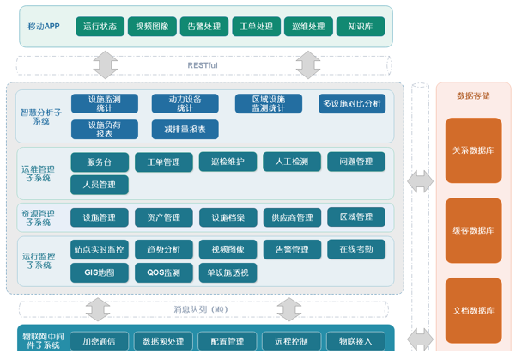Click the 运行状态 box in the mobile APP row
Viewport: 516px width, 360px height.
click(100, 26)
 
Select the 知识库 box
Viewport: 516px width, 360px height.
click(360, 26)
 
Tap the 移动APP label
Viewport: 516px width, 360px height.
click(43, 26)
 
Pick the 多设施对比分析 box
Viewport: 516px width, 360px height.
click(352, 104)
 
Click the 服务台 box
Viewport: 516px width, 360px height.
click(100, 162)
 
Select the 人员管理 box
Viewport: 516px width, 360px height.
click(100, 184)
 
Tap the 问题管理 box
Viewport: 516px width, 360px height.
click(355, 162)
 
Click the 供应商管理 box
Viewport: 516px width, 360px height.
click(292, 217)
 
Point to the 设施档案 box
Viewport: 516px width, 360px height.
click(228, 217)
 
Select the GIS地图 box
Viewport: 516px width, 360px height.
click(100, 272)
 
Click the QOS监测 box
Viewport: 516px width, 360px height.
click(163, 272)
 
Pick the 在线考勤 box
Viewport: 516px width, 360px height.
click(355, 249)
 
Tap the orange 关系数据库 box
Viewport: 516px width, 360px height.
click(473, 151)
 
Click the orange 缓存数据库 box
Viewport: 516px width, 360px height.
click(473, 230)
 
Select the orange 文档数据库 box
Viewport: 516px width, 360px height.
click(473, 309)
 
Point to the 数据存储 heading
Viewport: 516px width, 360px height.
click(473, 95)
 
